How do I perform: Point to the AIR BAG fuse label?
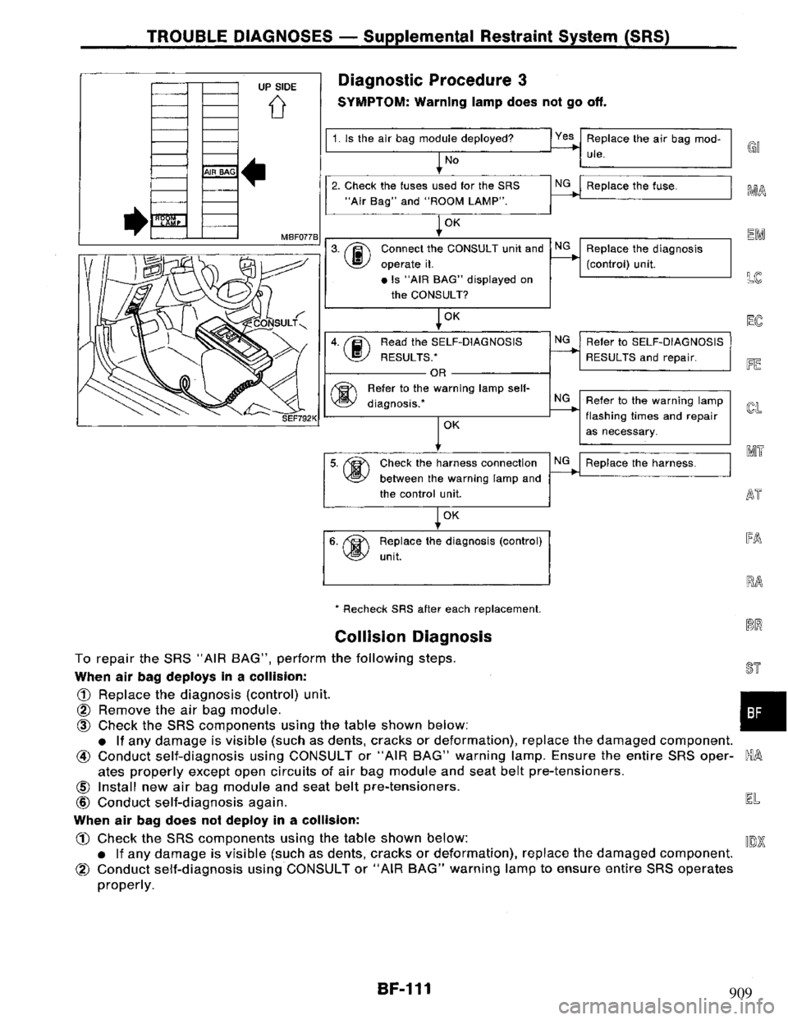tap(221, 173)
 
